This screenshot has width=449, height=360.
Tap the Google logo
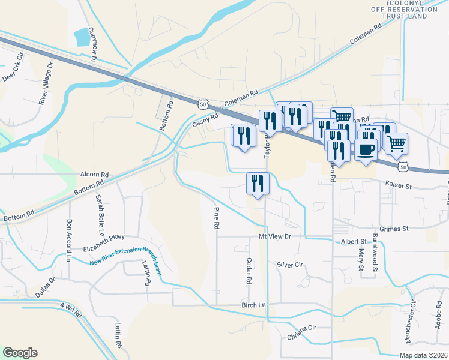click(20, 353)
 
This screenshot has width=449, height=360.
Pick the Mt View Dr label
click(274, 237)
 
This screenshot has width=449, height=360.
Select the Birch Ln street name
click(253, 305)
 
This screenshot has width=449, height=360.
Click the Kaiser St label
click(398, 186)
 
